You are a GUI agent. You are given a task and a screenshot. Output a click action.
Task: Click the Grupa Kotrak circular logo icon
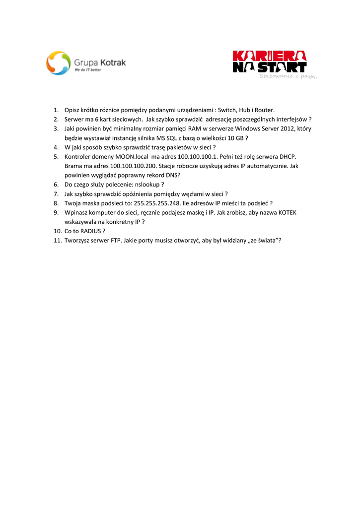[x=59, y=63]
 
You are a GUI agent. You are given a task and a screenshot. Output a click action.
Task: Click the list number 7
[x=57, y=193]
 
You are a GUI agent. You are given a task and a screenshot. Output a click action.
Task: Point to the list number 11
[x=57, y=241]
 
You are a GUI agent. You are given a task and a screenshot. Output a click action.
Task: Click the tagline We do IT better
[x=87, y=70]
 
